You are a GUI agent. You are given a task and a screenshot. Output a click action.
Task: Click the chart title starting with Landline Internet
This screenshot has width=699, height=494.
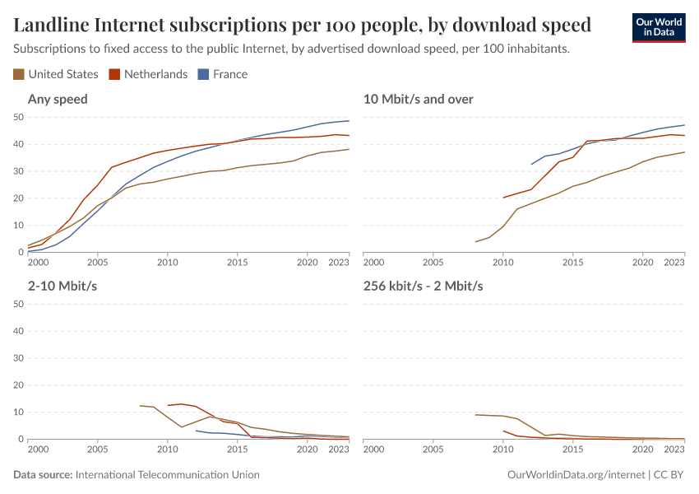302,25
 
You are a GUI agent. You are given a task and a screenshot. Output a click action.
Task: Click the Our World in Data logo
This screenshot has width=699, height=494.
658,26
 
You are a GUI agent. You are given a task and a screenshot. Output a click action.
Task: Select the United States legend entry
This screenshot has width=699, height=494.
56,74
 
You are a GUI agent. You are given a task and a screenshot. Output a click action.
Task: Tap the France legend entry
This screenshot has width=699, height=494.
223,74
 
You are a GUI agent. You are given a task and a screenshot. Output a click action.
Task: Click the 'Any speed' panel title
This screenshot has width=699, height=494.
58,100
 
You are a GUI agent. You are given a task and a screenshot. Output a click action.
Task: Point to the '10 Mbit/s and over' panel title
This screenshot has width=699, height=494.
418,100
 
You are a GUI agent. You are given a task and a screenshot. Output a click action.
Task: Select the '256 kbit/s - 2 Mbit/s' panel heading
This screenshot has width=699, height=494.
423,286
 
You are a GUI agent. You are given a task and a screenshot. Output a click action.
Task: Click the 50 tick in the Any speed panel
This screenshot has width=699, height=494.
18,118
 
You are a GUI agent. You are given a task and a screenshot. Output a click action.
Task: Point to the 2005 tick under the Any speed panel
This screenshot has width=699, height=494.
98,262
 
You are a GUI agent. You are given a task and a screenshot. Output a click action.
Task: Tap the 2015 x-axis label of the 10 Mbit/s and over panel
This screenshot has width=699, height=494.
572,262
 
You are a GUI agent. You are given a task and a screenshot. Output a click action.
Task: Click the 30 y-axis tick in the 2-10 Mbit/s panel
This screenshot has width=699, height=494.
18,358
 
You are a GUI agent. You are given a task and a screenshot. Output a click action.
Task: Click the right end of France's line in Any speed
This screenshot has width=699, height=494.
349,121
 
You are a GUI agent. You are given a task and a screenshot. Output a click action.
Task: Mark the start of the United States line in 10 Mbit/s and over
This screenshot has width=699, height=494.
475,242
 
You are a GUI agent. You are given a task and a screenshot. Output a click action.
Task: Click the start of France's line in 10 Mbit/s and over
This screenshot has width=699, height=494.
531,164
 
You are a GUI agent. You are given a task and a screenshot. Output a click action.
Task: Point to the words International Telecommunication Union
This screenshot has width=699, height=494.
167,475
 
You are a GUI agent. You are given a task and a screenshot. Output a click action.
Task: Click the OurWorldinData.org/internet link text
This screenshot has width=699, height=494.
576,475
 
